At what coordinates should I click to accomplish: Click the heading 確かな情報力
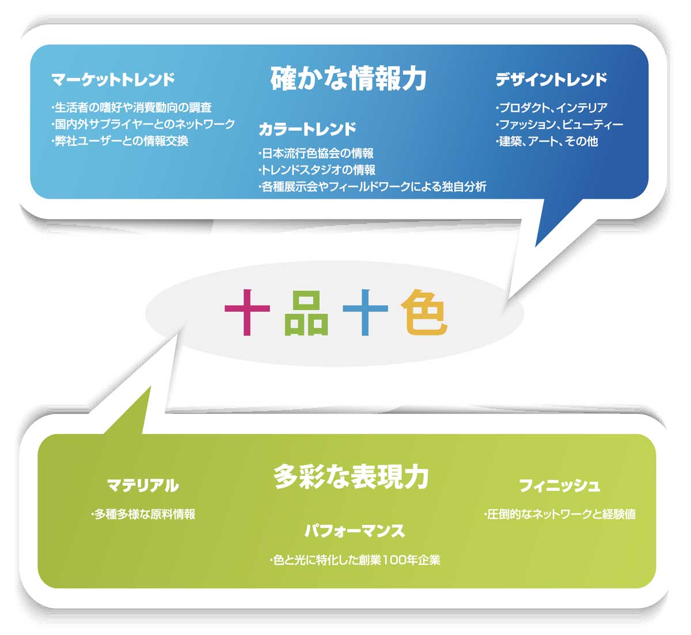coord(348,79)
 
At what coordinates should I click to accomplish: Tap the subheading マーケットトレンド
coord(113,80)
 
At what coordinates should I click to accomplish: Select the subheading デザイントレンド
coord(551,80)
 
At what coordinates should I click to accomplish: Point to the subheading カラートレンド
coord(307,129)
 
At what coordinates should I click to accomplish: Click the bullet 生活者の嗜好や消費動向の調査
coord(131,108)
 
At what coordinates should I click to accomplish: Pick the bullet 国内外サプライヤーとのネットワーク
coord(143,124)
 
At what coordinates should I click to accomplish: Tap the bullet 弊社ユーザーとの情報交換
coord(120,141)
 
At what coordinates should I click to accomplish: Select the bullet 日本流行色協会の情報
coord(316,153)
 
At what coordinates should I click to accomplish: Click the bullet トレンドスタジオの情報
coord(317,170)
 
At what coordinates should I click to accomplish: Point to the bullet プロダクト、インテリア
coord(552,108)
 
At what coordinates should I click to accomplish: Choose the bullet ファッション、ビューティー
coord(560,124)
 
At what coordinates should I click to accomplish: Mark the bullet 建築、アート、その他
coord(546,141)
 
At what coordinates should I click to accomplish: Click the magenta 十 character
coord(247,312)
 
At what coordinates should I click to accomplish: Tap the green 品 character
coord(306,313)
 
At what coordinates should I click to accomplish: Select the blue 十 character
coord(366,312)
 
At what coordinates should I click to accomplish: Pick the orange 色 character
coord(424,312)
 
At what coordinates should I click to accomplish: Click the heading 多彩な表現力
coord(351,477)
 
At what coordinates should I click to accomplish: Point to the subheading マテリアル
coord(143,486)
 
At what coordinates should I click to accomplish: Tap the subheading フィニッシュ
coord(559,485)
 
